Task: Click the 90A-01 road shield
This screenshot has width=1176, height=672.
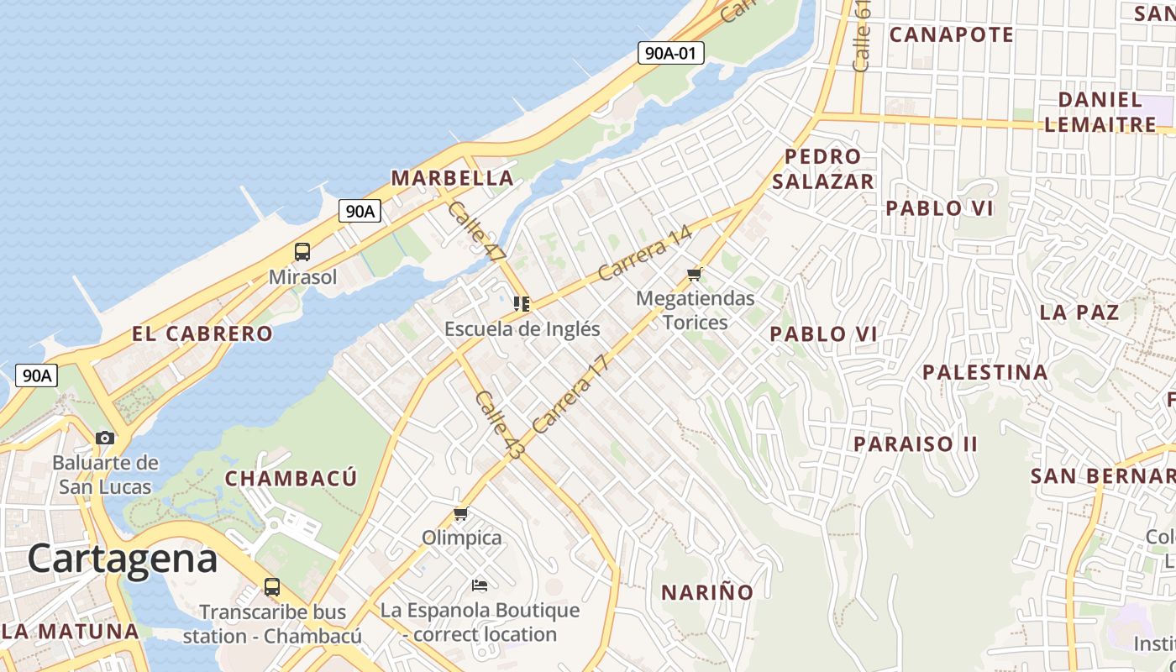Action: (x=669, y=53)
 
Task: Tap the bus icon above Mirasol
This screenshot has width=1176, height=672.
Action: (x=302, y=251)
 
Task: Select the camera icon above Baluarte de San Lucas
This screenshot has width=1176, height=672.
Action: (x=105, y=438)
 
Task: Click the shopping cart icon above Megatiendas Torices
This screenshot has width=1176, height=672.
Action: (x=694, y=274)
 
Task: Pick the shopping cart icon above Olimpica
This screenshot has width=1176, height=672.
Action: (x=460, y=513)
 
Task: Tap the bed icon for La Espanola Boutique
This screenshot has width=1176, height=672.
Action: (x=480, y=585)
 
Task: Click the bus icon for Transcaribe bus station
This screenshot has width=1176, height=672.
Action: (x=271, y=587)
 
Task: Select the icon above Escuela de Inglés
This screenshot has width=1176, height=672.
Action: (x=522, y=303)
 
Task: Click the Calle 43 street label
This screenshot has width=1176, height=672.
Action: (x=499, y=424)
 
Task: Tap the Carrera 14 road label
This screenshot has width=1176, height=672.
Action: (x=645, y=254)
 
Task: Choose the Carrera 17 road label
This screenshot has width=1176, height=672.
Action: (x=570, y=394)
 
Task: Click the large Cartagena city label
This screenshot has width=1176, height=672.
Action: (x=123, y=559)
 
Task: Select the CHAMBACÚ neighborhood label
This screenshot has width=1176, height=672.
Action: (x=291, y=479)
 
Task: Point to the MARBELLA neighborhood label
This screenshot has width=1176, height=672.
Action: (x=452, y=178)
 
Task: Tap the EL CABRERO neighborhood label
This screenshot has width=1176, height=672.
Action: (x=202, y=333)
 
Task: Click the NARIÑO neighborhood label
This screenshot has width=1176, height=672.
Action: (x=707, y=592)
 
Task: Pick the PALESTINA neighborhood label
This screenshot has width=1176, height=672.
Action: (x=985, y=371)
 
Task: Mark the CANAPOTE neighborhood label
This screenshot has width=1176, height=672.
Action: (x=951, y=34)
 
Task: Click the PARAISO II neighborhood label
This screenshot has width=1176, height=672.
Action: (x=916, y=444)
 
